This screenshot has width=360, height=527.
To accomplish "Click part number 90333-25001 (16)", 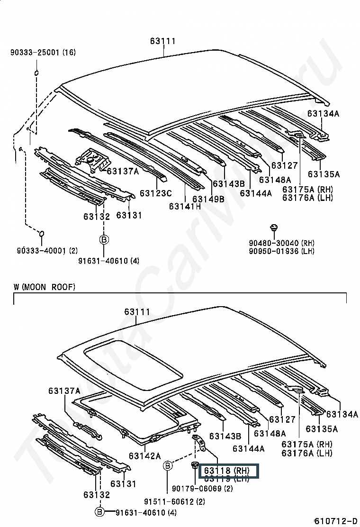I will [x=43, y=53].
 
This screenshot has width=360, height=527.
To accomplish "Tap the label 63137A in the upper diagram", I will [x=123, y=171].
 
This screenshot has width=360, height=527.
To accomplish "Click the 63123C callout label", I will [x=155, y=193].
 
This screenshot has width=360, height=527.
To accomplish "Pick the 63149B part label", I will [x=208, y=199].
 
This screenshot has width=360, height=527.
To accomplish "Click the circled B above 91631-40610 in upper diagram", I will [x=104, y=240].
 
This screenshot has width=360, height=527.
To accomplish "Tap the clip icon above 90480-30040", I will [x=273, y=228].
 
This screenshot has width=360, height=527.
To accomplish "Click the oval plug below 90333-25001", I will [x=36, y=73].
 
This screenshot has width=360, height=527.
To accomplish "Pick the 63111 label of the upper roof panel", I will [x=163, y=41].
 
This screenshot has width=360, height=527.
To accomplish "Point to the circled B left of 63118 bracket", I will [x=168, y=466].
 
